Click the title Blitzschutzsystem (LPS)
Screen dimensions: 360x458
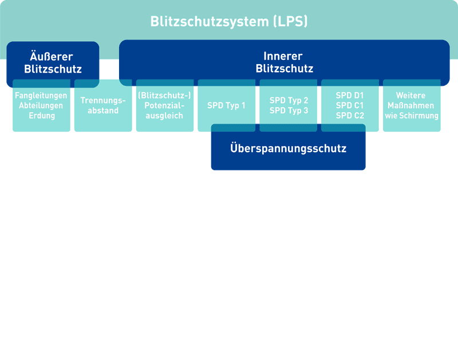229,22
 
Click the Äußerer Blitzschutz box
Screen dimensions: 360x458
53,63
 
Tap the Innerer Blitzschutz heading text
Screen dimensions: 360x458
284,62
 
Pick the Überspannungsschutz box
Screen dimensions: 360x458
288,148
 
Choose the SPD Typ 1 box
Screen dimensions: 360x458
226,105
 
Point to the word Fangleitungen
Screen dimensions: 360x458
41,95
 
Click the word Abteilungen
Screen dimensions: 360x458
41,105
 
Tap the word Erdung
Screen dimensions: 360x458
41,116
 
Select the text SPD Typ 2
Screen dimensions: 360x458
289,100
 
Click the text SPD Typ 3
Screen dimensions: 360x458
289,110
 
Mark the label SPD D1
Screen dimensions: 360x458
350,95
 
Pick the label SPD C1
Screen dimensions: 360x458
350,105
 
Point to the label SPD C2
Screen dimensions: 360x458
350,116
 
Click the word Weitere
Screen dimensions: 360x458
412,95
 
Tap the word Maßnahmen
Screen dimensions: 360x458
412,105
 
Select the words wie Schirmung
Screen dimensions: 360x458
412,116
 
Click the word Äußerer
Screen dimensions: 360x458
53,57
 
